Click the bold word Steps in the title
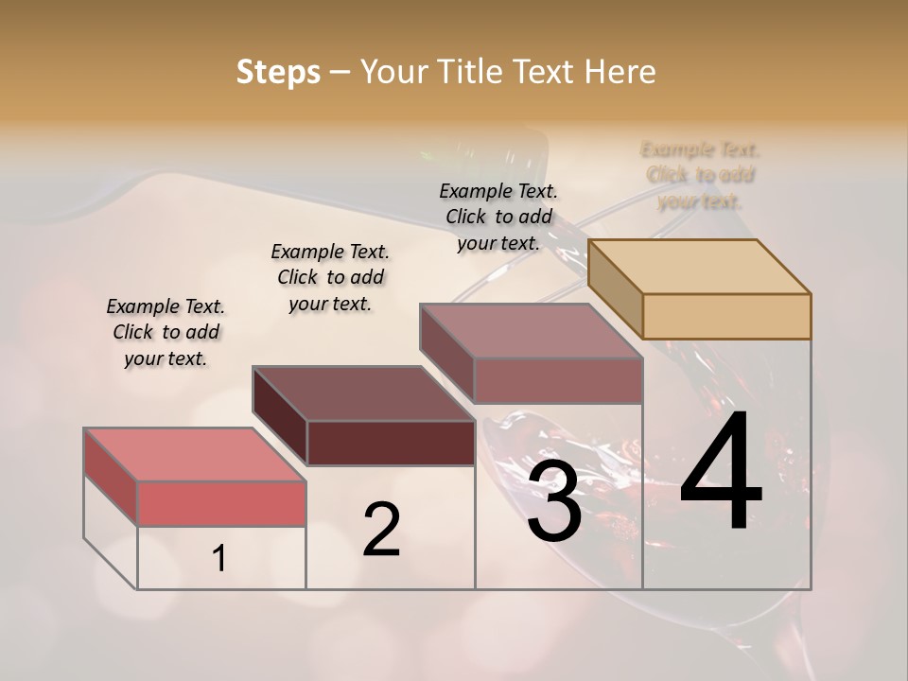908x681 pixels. coord(278,72)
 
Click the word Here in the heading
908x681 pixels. coord(619,72)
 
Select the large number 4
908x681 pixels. coord(721,473)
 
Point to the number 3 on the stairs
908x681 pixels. coord(554,503)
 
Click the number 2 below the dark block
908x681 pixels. coord(381,530)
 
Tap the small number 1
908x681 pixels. coord(218,558)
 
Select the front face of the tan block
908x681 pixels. coord(726,316)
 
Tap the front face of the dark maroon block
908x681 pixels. coord(391,443)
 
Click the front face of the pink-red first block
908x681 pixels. coord(221,503)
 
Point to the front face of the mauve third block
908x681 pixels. coord(558,380)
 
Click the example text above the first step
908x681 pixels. coord(166,332)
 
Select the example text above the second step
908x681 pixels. coord(330,277)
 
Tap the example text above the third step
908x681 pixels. coord(498,217)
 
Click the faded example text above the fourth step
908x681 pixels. coord(701,175)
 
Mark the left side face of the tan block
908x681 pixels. coord(616,290)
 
